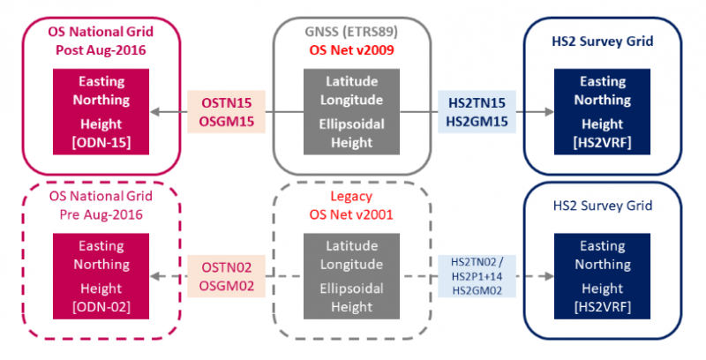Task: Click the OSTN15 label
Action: tap(229, 103)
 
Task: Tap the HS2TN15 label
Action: tap(477, 103)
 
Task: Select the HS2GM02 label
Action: tap(477, 289)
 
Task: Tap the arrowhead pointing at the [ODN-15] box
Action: tap(154, 112)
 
